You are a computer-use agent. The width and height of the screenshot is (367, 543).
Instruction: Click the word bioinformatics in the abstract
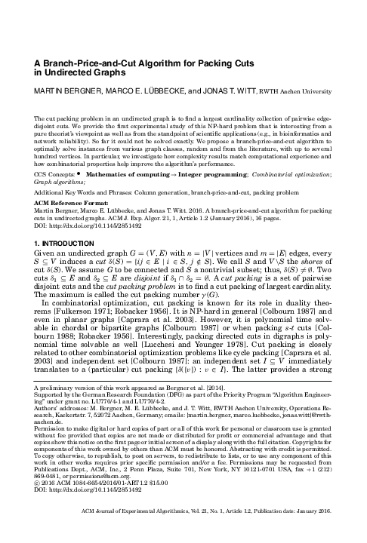[286, 130]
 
